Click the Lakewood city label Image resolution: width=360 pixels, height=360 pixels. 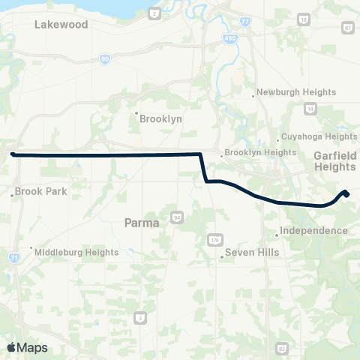coord(61,25)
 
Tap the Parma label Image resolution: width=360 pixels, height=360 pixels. coord(140,222)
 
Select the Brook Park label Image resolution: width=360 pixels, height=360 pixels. coord(40,191)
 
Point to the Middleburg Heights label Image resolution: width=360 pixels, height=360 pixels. coord(76,252)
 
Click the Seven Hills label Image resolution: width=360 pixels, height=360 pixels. coord(250,253)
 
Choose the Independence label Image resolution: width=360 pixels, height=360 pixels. coord(313,230)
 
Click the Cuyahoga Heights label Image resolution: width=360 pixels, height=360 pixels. coord(318,136)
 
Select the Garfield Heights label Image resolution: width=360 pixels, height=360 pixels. coord(334,161)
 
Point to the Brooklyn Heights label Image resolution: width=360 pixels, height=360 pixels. coord(259,152)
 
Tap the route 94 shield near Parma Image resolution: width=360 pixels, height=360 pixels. coord(177,217)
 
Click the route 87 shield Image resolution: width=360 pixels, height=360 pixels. coord(347,27)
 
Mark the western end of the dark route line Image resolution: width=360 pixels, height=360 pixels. coord(13,154)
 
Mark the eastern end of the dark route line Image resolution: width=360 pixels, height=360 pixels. coord(346,194)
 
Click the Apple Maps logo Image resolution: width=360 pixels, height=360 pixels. coord(27,347)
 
